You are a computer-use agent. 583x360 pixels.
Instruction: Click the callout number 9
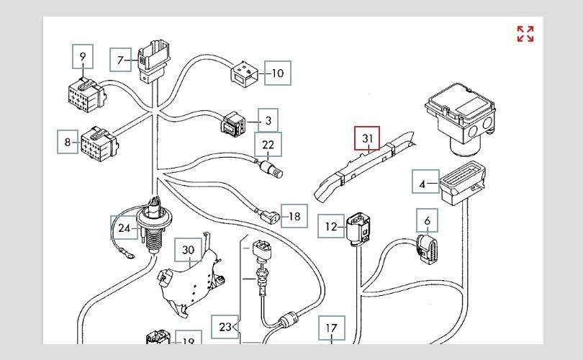83,56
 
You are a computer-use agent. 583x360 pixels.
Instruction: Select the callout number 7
120,60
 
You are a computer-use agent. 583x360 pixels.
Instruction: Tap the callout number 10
278,73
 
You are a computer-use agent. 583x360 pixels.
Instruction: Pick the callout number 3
268,121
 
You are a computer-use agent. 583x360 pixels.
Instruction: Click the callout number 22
268,145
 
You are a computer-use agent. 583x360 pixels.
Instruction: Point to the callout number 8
68,142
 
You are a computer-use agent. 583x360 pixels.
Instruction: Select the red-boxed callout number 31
367,138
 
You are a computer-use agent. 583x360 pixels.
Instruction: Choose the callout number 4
422,184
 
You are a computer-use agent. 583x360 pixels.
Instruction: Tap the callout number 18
294,216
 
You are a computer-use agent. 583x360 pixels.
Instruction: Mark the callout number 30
188,251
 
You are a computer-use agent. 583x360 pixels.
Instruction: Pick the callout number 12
331,227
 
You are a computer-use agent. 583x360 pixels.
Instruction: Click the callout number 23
225,327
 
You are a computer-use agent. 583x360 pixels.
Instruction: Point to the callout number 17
331,328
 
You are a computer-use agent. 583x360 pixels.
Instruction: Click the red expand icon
525,34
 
